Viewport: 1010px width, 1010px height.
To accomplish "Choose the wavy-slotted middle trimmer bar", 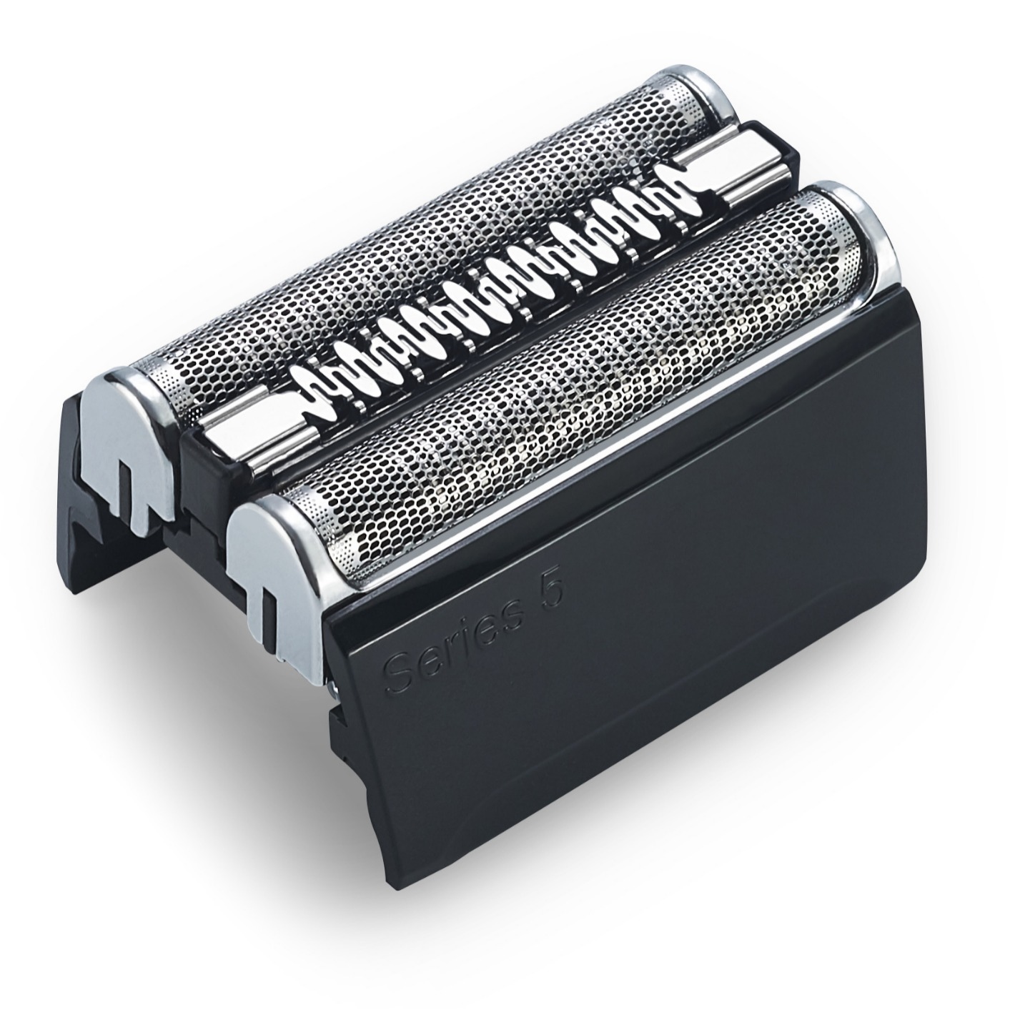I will (486, 300).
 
